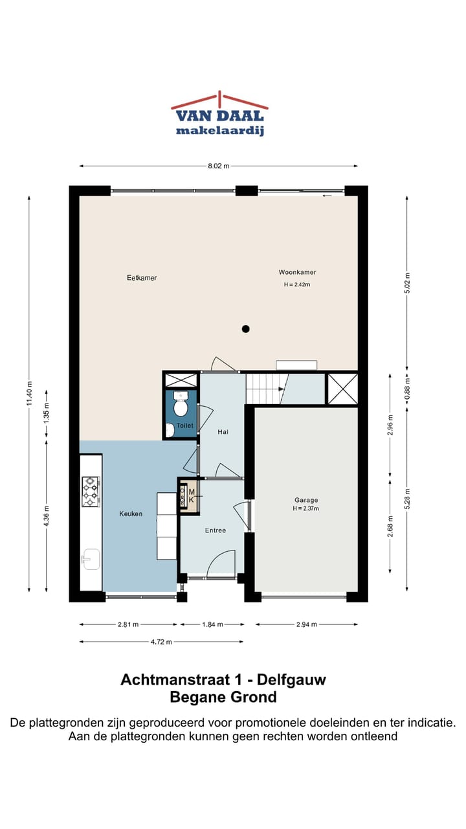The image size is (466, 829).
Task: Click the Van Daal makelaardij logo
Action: [219, 113]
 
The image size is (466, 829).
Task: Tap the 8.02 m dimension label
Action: [219, 166]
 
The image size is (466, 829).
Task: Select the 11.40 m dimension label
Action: [30, 393]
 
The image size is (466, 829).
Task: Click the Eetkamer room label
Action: [142, 278]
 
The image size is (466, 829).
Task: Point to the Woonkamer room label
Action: [297, 273]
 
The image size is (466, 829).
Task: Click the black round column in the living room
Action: [245, 328]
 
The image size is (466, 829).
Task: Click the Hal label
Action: [223, 432]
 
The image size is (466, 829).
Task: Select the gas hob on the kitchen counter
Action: [91, 492]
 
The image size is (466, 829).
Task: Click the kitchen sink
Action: [91, 559]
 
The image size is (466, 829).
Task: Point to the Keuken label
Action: [131, 514]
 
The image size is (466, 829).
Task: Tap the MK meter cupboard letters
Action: [192, 496]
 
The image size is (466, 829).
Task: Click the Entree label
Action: [216, 530]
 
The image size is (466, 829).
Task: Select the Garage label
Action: [306, 500]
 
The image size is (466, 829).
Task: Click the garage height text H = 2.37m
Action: [306, 508]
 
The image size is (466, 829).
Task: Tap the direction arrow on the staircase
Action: [282, 389]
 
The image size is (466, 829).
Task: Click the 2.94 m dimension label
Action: [307, 624]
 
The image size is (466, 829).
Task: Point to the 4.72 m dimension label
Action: [161, 642]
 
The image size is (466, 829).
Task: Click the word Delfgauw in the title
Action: [291, 679]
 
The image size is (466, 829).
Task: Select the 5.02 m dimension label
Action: [407, 283]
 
